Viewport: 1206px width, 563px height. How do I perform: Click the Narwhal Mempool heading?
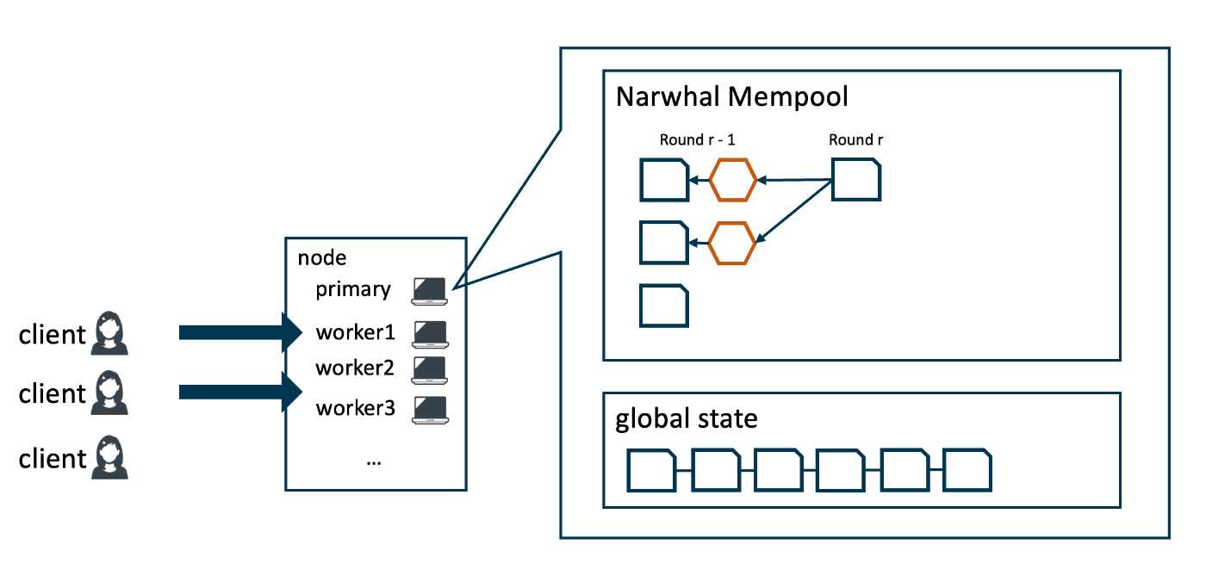[731, 96]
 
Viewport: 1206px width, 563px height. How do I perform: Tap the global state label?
[686, 419]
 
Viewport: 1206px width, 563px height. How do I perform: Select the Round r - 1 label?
[697, 139]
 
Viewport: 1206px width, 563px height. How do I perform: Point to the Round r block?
[855, 180]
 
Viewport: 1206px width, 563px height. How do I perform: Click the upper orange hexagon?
[732, 180]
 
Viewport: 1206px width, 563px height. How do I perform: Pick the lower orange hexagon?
[732, 242]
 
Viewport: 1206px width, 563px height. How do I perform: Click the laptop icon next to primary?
[430, 291]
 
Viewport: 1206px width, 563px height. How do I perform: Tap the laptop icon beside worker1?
[430, 333]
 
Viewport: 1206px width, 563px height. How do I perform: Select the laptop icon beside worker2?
[430, 369]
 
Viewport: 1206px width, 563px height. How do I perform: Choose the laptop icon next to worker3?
[430, 409]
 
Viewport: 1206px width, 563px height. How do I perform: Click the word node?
[321, 257]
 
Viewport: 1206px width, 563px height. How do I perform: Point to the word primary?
[353, 289]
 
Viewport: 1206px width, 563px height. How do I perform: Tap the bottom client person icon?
[109, 457]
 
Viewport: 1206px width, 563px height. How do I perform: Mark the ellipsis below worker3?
[374, 461]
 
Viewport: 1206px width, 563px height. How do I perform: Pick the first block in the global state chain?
[651, 470]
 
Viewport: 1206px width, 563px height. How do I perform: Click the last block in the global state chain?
[967, 470]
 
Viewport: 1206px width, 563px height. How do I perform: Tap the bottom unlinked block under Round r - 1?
[664, 305]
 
